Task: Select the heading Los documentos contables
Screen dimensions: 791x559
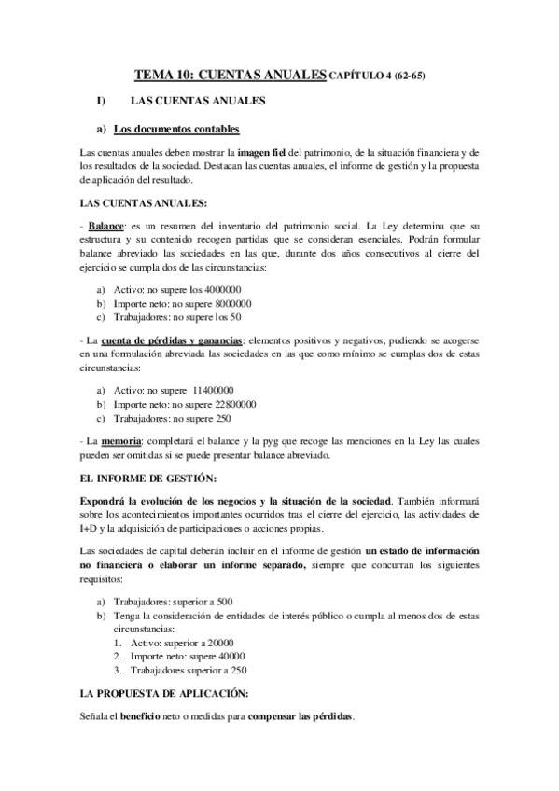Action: click(176, 128)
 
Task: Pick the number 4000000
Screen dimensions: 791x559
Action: click(231, 290)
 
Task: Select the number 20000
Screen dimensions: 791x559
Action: click(216, 643)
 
